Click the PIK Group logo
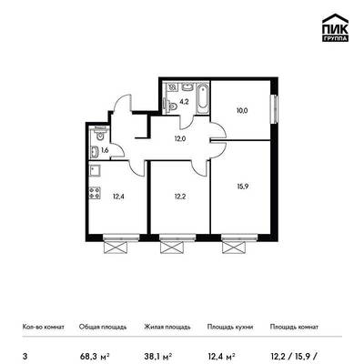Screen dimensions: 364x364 (x=335, y=28)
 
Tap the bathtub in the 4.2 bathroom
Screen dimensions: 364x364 (x=203, y=98)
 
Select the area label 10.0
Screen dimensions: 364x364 (x=242, y=111)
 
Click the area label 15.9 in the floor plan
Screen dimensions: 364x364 (x=243, y=187)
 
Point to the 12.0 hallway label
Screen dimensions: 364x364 (x=180, y=139)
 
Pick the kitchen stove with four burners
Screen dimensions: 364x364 (x=95, y=193)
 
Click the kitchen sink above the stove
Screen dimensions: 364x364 (x=95, y=170)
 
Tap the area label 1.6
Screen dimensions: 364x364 (x=105, y=150)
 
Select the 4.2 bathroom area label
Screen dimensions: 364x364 (x=184, y=102)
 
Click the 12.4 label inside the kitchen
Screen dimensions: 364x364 (x=118, y=197)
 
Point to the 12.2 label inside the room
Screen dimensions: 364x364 (x=180, y=197)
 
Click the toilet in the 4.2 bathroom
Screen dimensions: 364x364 (x=172, y=106)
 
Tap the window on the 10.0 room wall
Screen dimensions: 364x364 (x=274, y=109)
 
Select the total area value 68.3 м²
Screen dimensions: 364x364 (x=95, y=356)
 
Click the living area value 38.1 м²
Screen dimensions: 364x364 (x=158, y=356)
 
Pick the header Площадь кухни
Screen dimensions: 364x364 (x=230, y=327)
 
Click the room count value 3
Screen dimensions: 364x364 (x=25, y=356)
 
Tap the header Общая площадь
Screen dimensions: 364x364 (x=103, y=327)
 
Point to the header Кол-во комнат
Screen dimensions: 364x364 (x=44, y=327)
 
